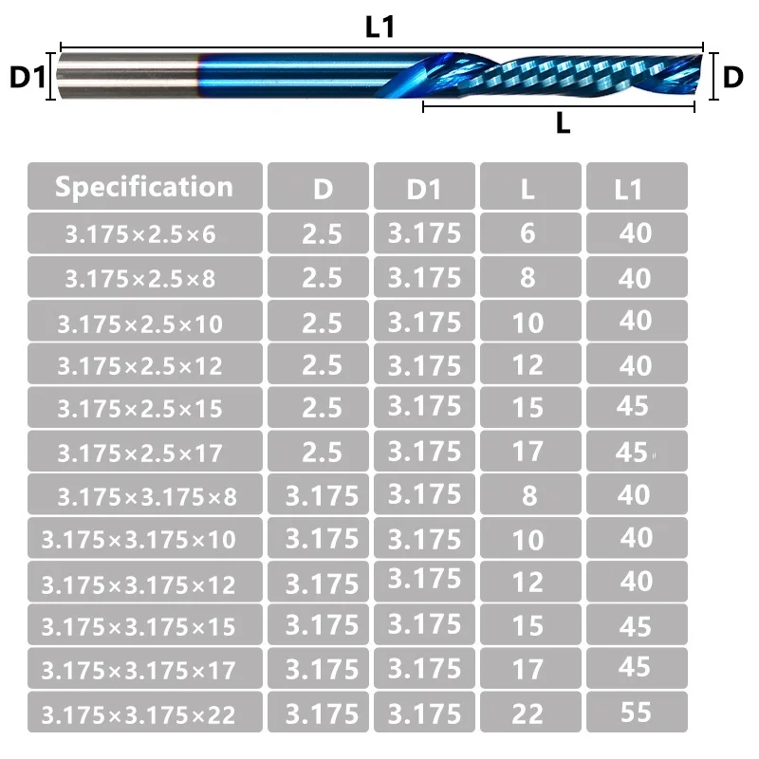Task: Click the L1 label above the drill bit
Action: [380, 28]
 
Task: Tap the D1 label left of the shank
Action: [28, 77]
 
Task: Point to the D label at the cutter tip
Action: [732, 77]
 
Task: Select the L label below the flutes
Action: [563, 123]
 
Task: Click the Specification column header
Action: [145, 186]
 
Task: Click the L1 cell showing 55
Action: [637, 712]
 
